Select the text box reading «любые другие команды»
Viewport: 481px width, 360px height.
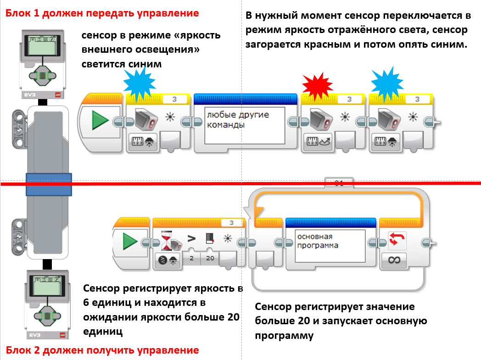point(245,121)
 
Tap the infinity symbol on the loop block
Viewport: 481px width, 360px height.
point(394,260)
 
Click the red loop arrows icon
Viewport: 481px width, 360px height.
point(394,239)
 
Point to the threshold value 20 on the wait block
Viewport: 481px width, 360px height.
point(210,258)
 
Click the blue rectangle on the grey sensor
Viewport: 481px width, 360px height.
point(48,184)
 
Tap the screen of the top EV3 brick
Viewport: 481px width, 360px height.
point(42,47)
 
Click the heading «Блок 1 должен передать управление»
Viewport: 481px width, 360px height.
point(102,13)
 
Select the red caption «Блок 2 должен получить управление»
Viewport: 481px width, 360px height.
point(102,350)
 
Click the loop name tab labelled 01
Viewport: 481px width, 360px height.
point(339,183)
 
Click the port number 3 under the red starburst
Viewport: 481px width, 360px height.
point(349,99)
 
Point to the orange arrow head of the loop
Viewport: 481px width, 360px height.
point(257,212)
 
